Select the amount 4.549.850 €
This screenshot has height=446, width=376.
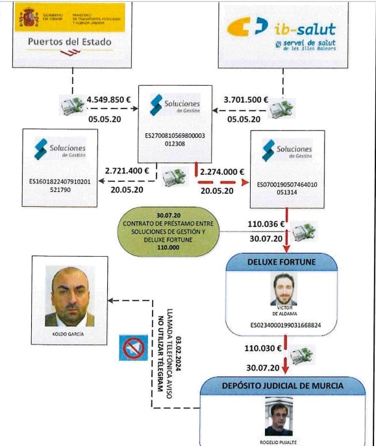[108, 100]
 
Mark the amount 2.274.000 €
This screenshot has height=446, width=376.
[222, 172]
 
